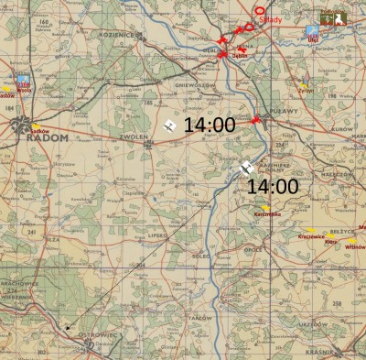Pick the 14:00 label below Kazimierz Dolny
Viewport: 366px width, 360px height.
coord(273,185)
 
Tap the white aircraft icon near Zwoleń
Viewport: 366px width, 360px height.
coord(168,126)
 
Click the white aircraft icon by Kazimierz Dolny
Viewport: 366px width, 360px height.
coord(247,169)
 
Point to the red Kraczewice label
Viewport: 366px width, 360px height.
coord(312,236)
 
